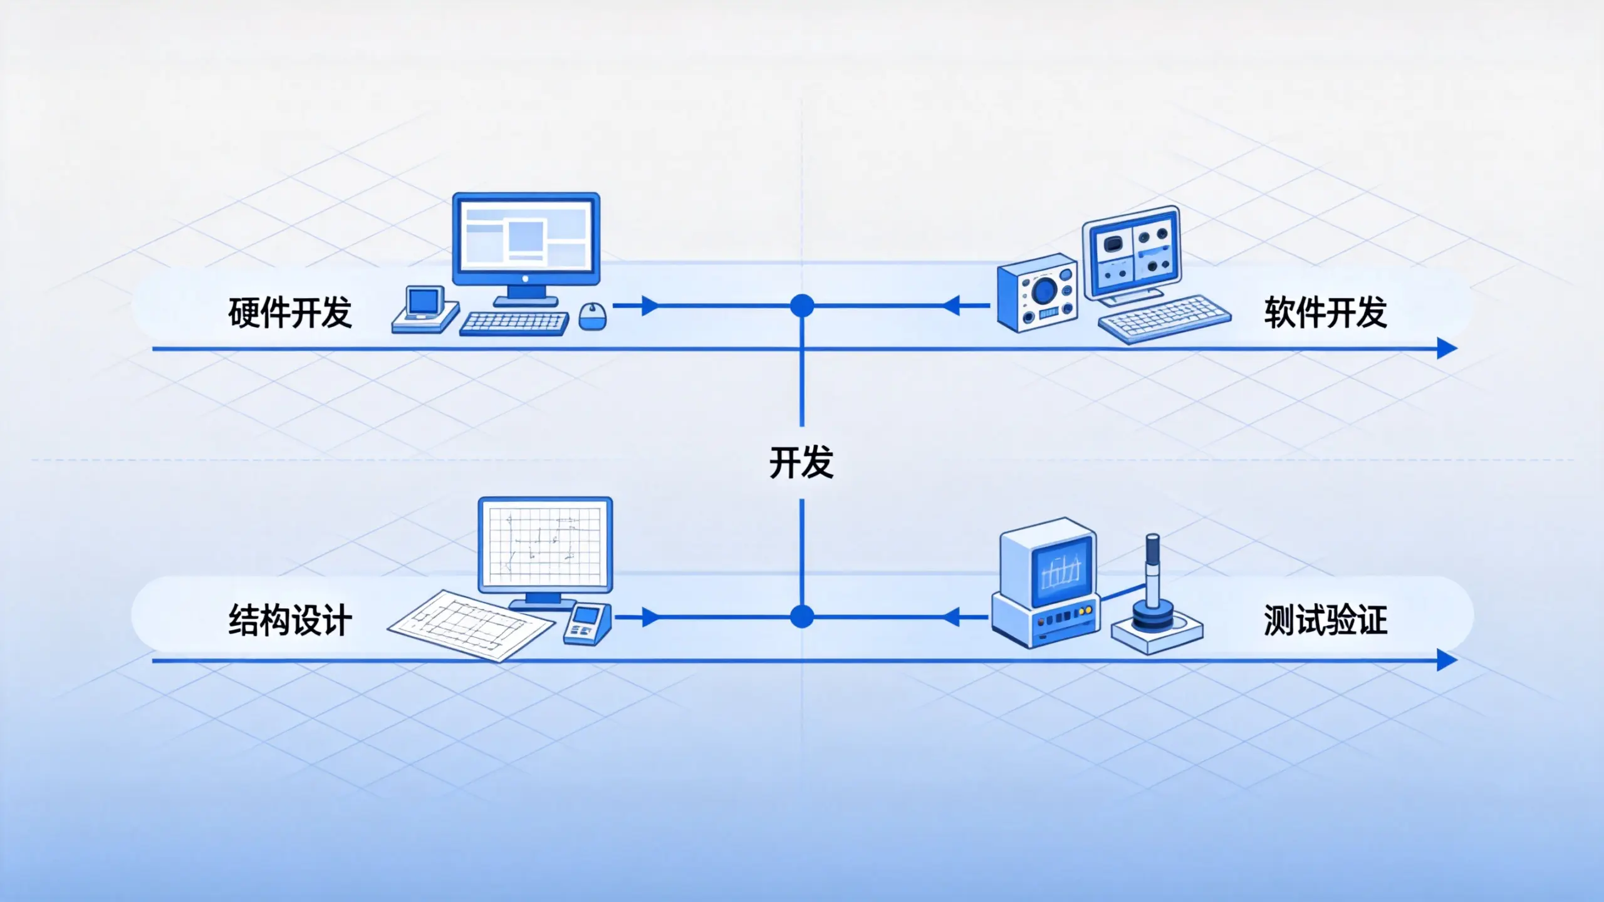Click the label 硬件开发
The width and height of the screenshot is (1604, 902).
(x=290, y=312)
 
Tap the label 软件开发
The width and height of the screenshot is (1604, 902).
(x=1325, y=312)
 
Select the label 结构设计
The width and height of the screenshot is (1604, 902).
(x=290, y=620)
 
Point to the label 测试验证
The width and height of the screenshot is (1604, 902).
(x=1325, y=620)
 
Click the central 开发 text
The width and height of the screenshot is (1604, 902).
(x=801, y=462)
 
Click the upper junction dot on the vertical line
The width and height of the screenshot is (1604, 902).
(x=802, y=306)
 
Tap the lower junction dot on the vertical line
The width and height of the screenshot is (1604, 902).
(x=802, y=616)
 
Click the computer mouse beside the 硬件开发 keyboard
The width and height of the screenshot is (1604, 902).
(x=592, y=316)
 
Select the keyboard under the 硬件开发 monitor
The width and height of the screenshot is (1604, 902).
(x=514, y=323)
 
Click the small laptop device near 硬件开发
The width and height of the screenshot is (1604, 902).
(x=425, y=309)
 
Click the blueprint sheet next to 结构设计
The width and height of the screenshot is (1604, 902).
(x=471, y=625)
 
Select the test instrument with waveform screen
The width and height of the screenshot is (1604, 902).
(x=1045, y=583)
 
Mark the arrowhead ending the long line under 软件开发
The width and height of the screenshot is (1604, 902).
(x=1447, y=348)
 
